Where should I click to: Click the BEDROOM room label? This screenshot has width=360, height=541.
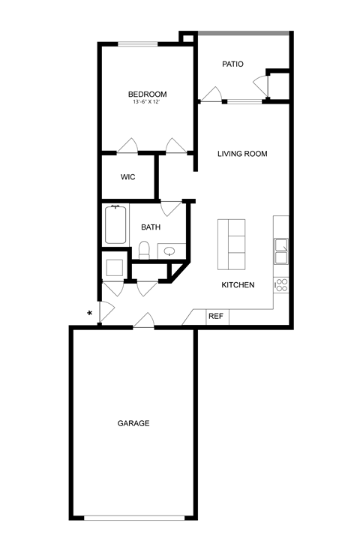click(147, 94)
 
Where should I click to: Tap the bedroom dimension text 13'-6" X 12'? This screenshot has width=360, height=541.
click(147, 102)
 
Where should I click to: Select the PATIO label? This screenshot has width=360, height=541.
click(232, 65)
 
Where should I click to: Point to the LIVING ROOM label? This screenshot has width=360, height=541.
click(242, 154)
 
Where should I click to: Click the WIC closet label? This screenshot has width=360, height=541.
click(127, 177)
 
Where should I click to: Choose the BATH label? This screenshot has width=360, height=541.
click(151, 227)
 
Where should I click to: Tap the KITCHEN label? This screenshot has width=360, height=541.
click(238, 285)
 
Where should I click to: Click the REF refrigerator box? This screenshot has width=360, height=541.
click(216, 317)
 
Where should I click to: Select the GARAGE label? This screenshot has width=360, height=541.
click(133, 423)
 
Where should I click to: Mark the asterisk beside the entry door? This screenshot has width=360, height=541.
click(90, 313)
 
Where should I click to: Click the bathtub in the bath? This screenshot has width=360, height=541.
click(115, 225)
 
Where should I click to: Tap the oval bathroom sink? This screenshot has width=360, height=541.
click(170, 251)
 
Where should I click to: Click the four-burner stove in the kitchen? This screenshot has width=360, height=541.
click(281, 284)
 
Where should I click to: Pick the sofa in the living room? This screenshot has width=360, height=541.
click(232, 244)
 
